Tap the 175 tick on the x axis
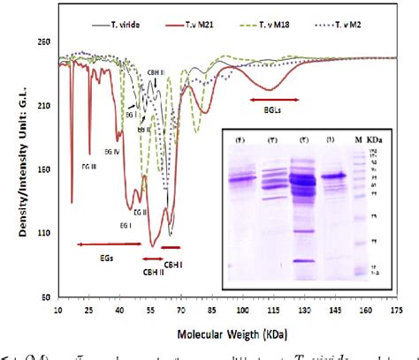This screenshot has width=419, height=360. click(x=395, y=311)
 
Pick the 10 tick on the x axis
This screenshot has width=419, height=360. click(x=57, y=311)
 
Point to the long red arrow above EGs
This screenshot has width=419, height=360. click(x=103, y=244)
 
